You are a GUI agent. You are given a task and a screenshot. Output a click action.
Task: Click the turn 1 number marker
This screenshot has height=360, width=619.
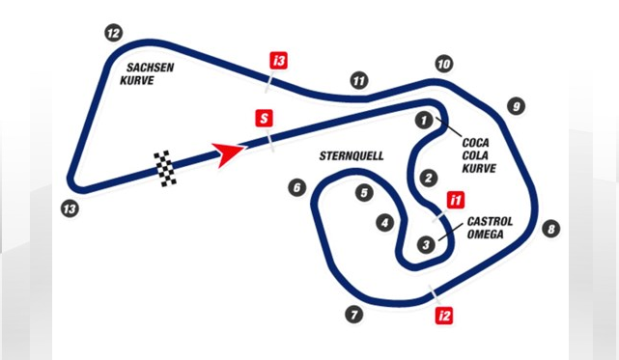pyautogui.click(x=422, y=121)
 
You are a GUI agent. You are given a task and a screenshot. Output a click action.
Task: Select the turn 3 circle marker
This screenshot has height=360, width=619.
pyautogui.click(x=425, y=245)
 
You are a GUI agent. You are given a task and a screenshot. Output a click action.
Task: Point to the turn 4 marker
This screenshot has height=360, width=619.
pyautogui.click(x=385, y=223)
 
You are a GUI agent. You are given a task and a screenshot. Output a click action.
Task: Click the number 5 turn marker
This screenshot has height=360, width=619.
pyautogui.click(x=363, y=192)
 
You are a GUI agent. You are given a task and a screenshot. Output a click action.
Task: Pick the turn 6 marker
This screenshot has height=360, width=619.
pyautogui.click(x=296, y=188)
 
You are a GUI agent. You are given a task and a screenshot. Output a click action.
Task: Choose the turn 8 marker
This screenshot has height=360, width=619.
pyautogui.click(x=550, y=229)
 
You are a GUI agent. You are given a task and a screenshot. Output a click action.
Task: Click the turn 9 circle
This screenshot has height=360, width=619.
pyautogui.click(x=517, y=106)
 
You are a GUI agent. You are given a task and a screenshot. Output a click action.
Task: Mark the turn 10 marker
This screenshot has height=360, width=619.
pyautogui.click(x=443, y=65)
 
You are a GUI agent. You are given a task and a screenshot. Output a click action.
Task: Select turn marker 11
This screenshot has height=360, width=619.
pyautogui.click(x=359, y=80)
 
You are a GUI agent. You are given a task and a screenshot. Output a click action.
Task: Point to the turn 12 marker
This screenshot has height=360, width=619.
pyautogui.click(x=114, y=34)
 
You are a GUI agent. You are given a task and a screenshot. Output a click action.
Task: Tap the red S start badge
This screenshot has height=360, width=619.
pyautogui.click(x=262, y=119)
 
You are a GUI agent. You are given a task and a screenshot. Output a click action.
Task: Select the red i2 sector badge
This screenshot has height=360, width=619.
pyautogui.click(x=444, y=315)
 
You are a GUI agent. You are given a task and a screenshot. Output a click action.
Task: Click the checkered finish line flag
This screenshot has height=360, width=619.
pyautogui.click(x=166, y=168)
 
